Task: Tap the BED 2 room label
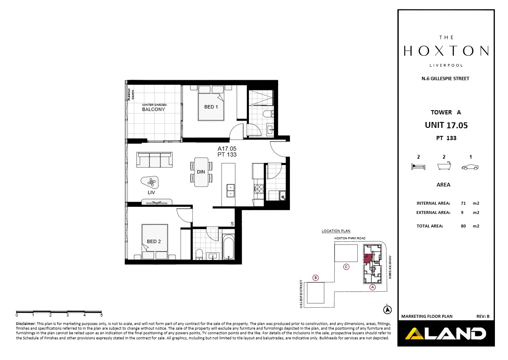[x=154, y=242]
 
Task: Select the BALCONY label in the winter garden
[x=153, y=109]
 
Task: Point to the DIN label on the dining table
[x=201, y=172]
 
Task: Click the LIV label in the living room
[x=151, y=192]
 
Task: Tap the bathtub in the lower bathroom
[x=228, y=247]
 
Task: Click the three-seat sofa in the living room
[x=154, y=160]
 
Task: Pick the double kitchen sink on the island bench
[x=230, y=190]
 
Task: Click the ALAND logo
[x=446, y=334]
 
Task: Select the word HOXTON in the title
[x=446, y=51]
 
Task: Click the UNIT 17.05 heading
[x=446, y=125]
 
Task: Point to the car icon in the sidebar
[x=470, y=168]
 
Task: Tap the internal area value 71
[x=463, y=203]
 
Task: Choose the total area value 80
[x=463, y=226]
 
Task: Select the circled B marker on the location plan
[x=315, y=278]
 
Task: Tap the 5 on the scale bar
[x=101, y=315]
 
